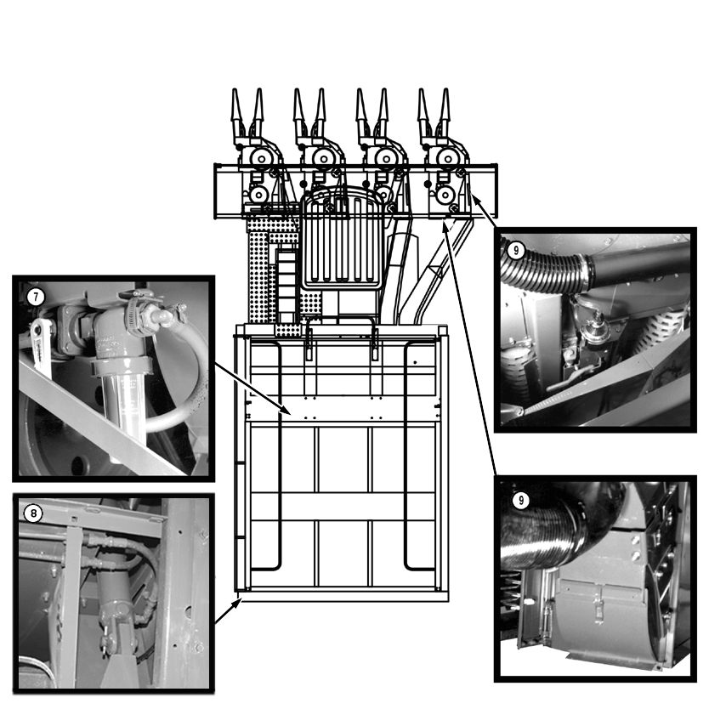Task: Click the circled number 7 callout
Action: tap(36, 297)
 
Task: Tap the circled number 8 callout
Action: tap(33, 513)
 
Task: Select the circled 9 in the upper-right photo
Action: tap(516, 250)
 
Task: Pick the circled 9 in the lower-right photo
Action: tap(521, 500)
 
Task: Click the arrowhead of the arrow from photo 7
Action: tap(286, 411)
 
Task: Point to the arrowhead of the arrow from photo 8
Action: tap(237, 602)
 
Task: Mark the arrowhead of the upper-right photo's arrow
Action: tap(474, 196)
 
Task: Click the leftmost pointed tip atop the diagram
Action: tap(235, 89)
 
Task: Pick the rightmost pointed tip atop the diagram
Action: tap(445, 89)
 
